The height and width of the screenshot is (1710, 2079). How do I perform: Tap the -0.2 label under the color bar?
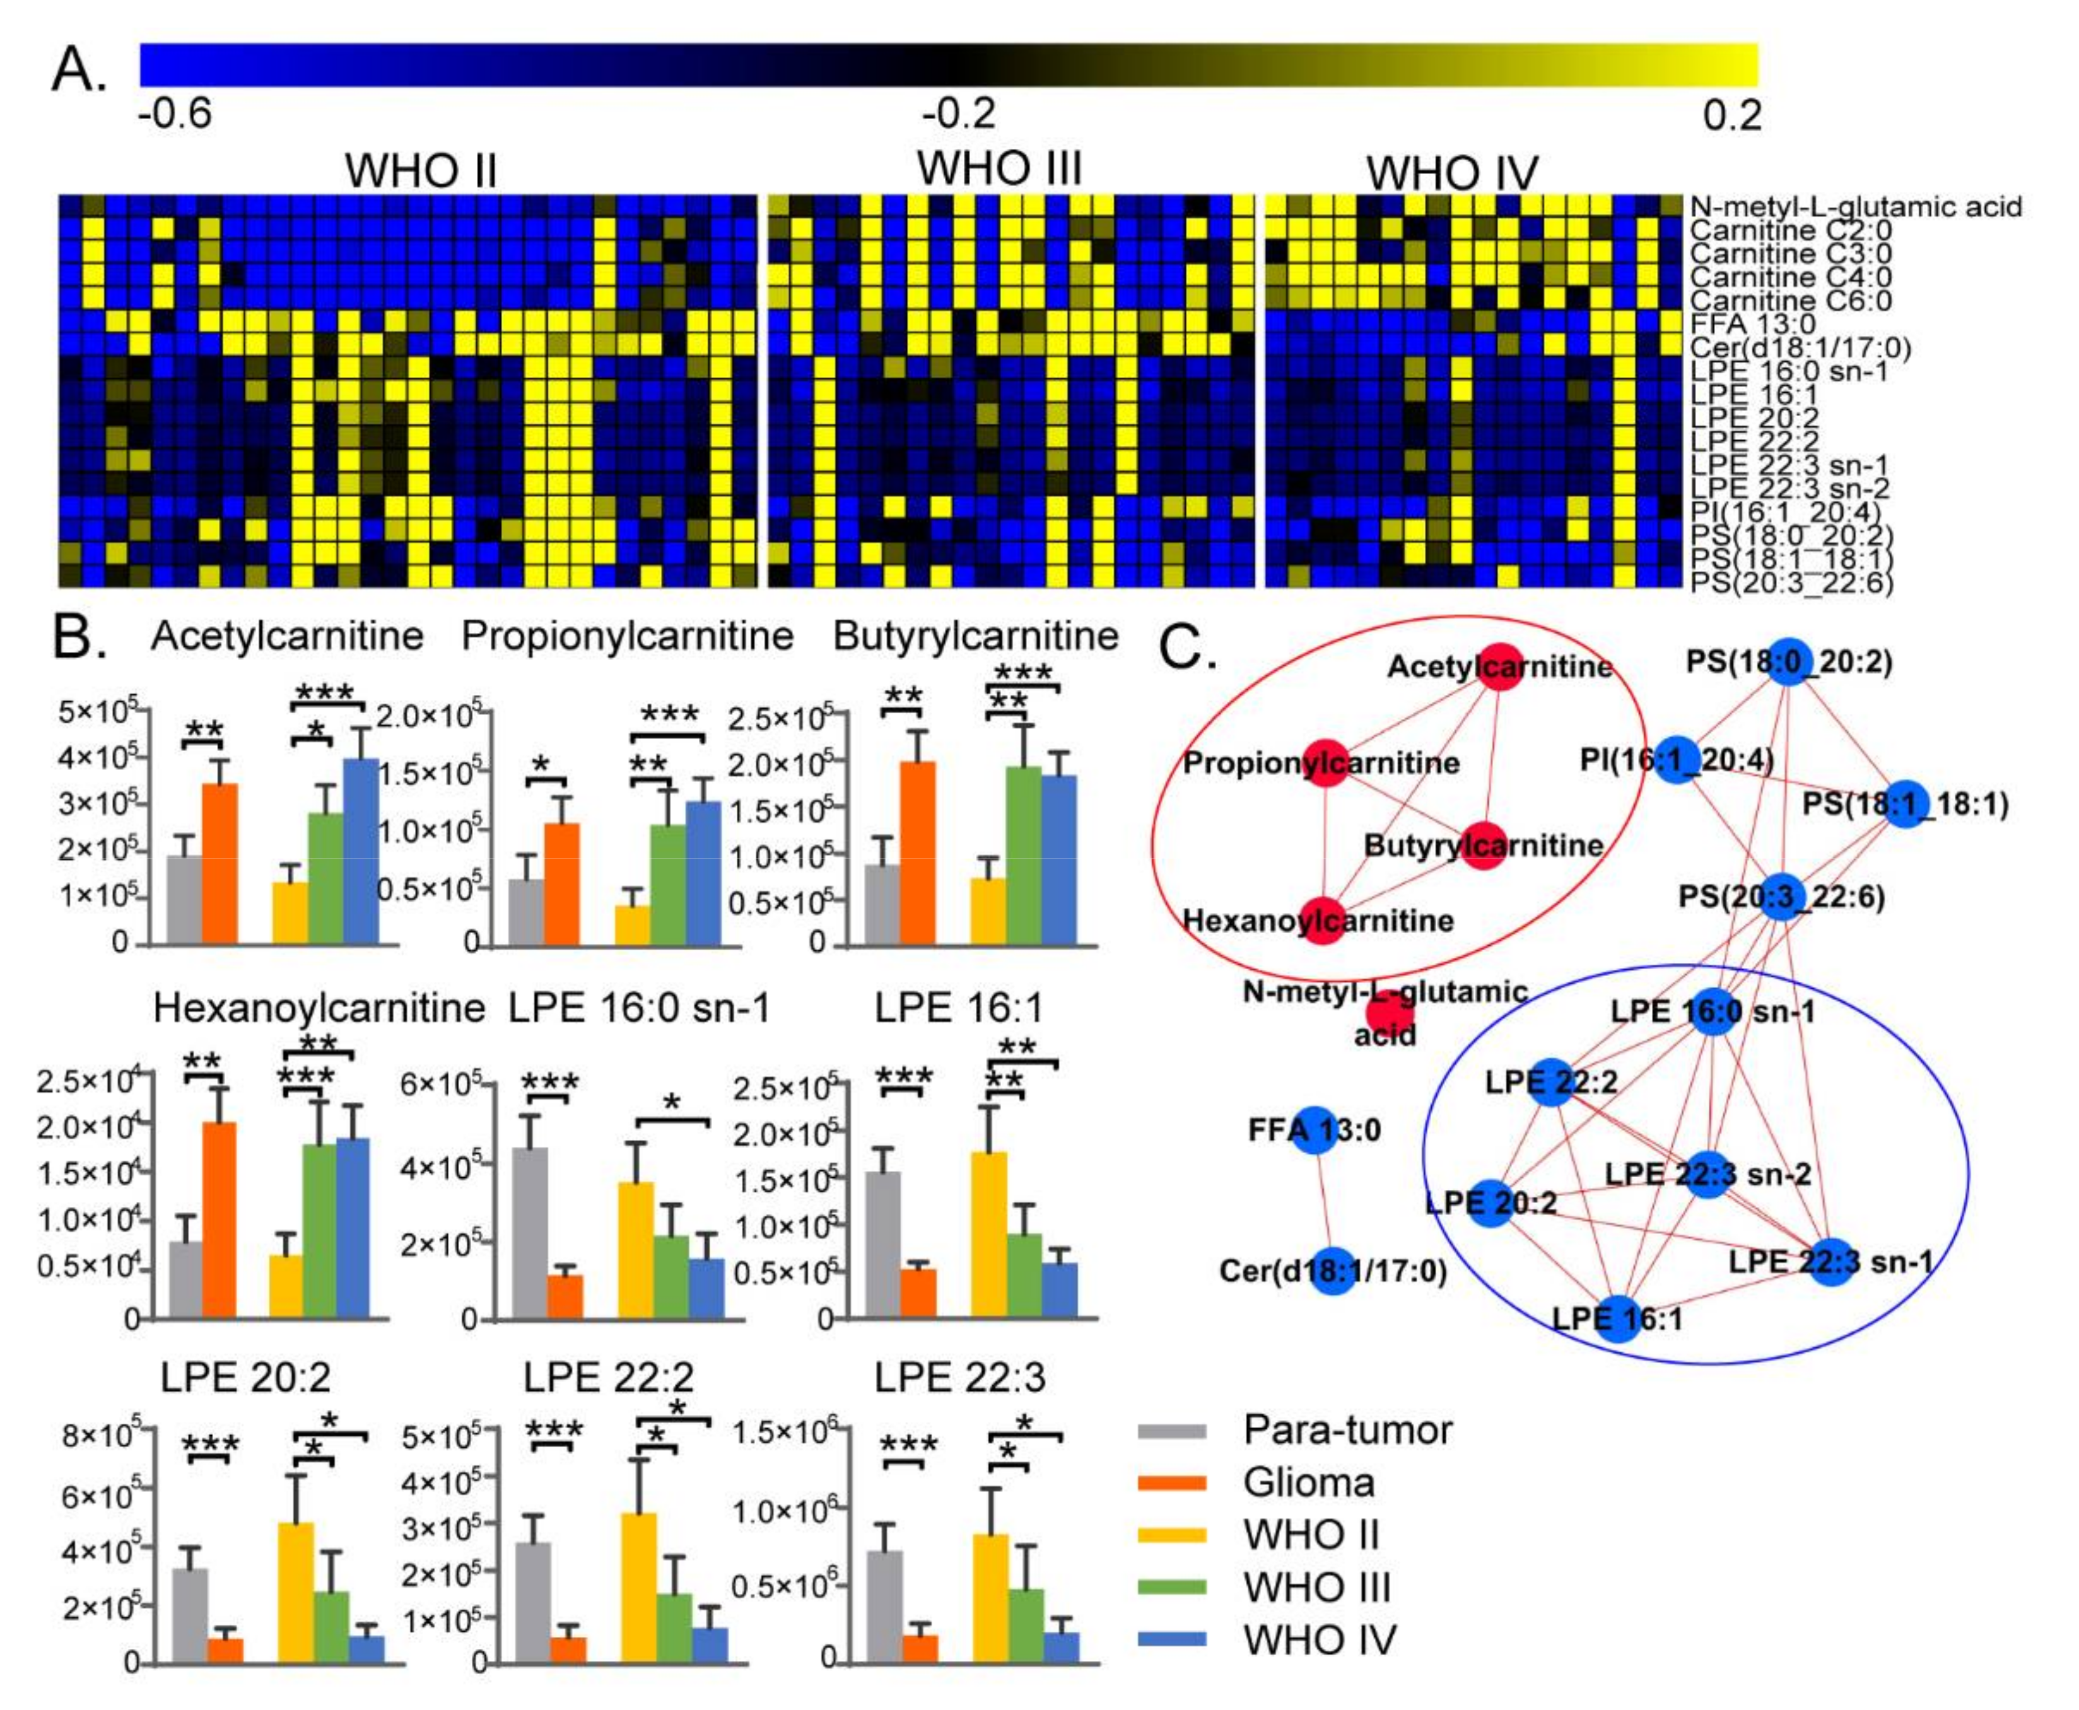tap(959, 114)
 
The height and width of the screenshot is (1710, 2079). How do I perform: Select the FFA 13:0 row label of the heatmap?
tap(1752, 324)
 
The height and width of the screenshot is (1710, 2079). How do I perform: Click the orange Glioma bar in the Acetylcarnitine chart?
tap(220, 864)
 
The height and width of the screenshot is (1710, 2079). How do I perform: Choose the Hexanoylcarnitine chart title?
tap(319, 1008)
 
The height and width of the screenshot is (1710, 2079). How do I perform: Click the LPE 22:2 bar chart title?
tap(608, 1377)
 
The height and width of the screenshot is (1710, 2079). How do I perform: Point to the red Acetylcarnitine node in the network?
tap(1499, 667)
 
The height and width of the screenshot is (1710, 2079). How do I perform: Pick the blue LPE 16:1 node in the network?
tap(1617, 1318)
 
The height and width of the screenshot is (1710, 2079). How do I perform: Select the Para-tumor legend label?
tap(1347, 1430)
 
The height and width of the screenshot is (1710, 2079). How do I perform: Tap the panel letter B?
tap(79, 637)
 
